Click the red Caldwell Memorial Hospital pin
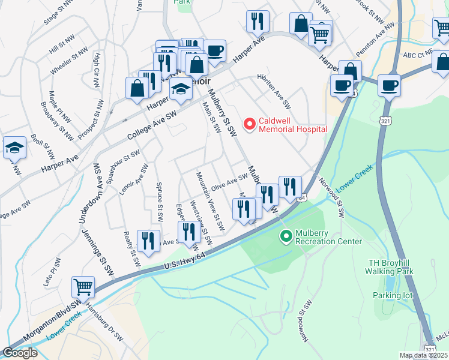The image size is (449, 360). pyautogui.click(x=249, y=124)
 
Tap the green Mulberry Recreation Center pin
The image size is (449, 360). pyautogui.click(x=286, y=236)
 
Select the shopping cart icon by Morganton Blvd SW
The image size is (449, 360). pyautogui.click(x=83, y=287)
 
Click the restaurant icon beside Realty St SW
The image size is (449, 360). pyautogui.click(x=148, y=241)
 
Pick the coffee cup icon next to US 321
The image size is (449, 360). pyautogui.click(x=389, y=85)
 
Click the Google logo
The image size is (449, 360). pyautogui.click(x=20, y=353)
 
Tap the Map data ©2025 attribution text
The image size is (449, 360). pyautogui.click(x=423, y=355)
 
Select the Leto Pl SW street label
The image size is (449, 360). pyautogui.click(x=52, y=272)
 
